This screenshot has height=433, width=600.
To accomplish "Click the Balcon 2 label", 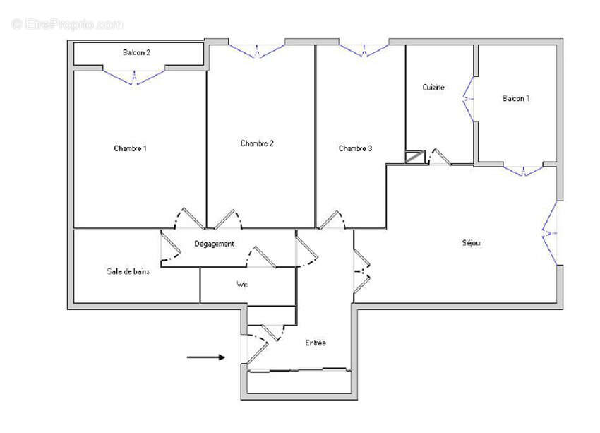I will click(x=137, y=52).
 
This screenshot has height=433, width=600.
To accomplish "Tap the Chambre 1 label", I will click(x=131, y=148).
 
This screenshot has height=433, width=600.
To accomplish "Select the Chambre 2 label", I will click(x=257, y=143).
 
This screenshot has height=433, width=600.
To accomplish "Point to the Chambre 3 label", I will click(x=355, y=148).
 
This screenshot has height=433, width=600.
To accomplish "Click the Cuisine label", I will click(x=433, y=88).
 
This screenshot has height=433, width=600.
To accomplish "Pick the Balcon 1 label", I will click(x=516, y=98).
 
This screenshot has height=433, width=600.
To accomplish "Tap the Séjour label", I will click(x=472, y=243).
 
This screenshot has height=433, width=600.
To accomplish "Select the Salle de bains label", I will click(x=128, y=272).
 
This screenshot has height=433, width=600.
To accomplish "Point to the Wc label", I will click(x=241, y=285).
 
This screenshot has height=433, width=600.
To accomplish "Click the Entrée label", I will click(x=316, y=343).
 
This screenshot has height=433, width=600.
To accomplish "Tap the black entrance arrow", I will click(x=205, y=357).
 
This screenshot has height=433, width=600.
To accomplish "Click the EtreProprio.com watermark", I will click(x=67, y=24).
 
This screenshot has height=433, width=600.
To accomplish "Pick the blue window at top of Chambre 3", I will click(x=364, y=50).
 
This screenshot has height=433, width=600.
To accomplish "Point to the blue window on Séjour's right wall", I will click(x=551, y=233).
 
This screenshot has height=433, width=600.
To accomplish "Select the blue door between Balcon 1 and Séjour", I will click(x=524, y=170).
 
